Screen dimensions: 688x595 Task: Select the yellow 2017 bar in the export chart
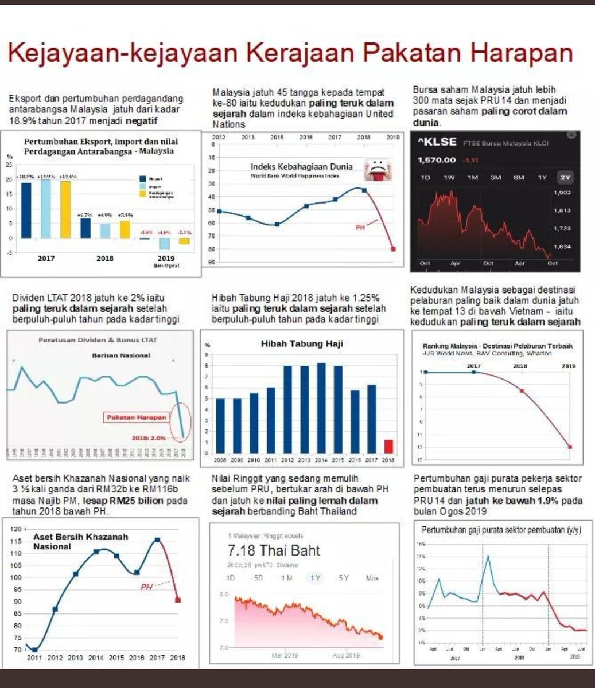[x=65, y=209]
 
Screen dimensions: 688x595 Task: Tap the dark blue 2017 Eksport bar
[x=26, y=209]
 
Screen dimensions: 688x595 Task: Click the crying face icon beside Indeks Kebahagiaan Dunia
[x=375, y=169]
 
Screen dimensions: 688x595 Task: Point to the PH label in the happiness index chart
[x=360, y=228]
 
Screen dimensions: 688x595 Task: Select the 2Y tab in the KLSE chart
[x=565, y=178]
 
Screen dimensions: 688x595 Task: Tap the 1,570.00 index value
[x=437, y=160]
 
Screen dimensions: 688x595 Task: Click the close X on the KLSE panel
[x=571, y=135]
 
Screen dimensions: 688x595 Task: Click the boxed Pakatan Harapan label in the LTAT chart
[x=137, y=417]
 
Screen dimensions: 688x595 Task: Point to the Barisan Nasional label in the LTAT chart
[x=121, y=355]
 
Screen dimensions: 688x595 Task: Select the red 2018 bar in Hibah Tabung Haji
[x=388, y=446]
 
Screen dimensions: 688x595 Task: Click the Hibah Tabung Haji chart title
[x=301, y=344]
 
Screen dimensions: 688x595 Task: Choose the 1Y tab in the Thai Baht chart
[x=315, y=578]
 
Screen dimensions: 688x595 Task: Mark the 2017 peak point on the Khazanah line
[x=157, y=540]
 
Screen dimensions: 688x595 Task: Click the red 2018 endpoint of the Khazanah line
[x=178, y=600]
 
